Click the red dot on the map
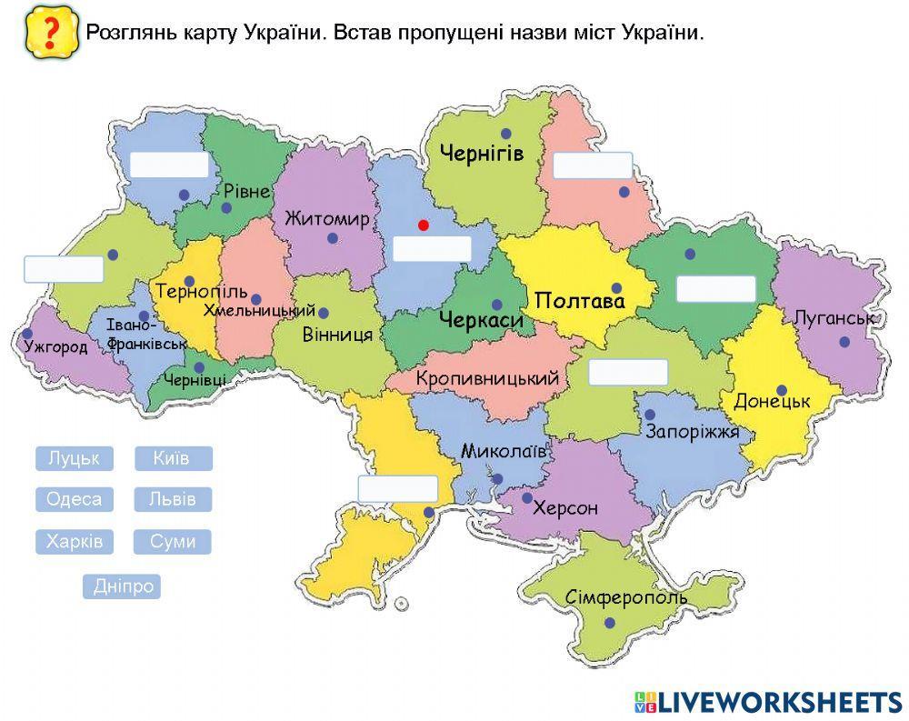tap(422, 225)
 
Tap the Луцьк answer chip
tap(75, 458)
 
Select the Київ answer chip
tap(174, 458)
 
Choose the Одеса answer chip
tap(75, 499)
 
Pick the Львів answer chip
tap(174, 499)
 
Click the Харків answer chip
tap(75, 542)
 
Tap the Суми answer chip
tap(174, 542)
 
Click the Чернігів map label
tap(482, 153)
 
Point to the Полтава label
tap(580, 301)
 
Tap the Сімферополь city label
tap(626, 597)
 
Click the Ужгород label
tap(56, 346)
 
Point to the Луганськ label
tap(834, 318)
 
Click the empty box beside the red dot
tap(432, 248)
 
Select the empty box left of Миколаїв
tap(398, 488)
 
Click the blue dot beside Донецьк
tap(782, 390)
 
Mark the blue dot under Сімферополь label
tap(609, 623)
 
